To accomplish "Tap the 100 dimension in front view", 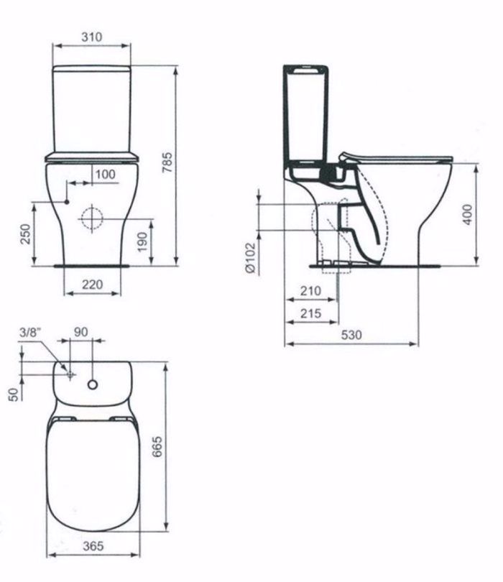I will [x=105, y=175].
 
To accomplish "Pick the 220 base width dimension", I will [x=91, y=285].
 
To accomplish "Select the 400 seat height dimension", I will [x=467, y=214].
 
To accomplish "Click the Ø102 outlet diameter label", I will [x=249, y=257].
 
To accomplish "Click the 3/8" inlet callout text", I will [x=30, y=332].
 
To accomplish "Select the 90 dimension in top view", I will [x=81, y=332].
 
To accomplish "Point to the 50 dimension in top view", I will [x=14, y=394].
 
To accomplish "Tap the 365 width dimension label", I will [x=92, y=547].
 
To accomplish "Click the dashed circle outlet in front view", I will [x=92, y=218].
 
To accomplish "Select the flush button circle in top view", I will [x=92, y=385].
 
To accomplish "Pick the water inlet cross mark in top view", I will [x=70, y=375].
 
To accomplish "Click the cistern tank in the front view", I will [x=92, y=108].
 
